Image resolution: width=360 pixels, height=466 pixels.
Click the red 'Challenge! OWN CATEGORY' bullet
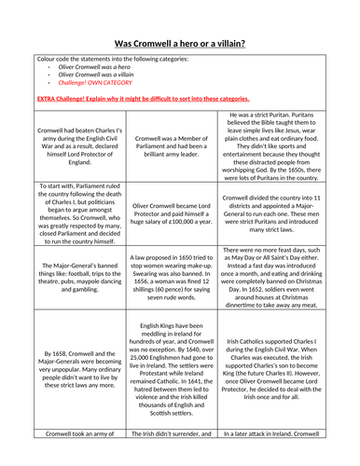point(92,89)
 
